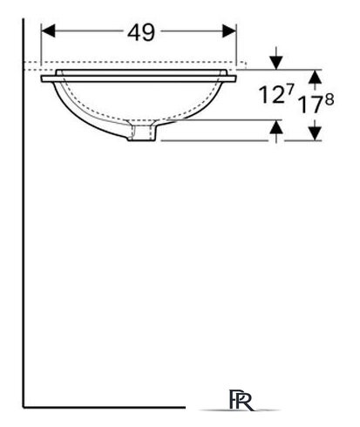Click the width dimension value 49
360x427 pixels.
pos(141,32)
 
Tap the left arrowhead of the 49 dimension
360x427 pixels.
pos(48,31)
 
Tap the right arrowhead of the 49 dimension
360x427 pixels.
pos(229,31)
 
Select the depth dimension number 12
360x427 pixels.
pos(271,94)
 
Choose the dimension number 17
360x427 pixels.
pos(310,105)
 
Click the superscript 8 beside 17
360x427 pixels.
pos(329,99)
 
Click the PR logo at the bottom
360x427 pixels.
pos(241,399)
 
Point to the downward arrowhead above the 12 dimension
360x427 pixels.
pos(276,63)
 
